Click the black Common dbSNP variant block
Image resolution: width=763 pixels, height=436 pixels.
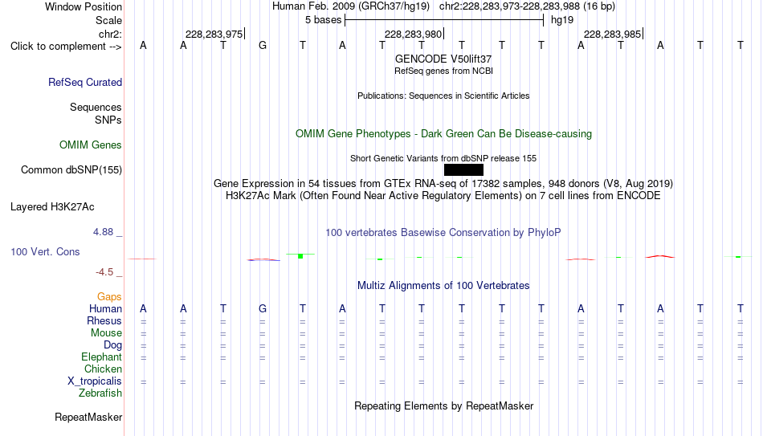(463, 170)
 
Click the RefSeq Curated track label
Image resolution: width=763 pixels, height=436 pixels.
(85, 82)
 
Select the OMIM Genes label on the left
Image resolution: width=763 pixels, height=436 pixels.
(91, 145)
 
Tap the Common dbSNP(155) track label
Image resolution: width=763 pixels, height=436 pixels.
(71, 170)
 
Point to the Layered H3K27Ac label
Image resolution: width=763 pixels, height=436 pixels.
(52, 207)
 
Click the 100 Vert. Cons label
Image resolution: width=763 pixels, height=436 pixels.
(45, 251)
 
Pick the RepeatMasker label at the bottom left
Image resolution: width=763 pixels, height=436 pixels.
(88, 417)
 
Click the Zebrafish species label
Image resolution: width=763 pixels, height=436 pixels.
(100, 393)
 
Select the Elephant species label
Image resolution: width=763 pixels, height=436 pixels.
(102, 357)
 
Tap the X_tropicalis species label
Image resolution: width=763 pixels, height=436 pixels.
(95, 381)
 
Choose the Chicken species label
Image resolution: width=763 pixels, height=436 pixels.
(103, 369)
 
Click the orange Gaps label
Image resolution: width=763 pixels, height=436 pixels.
(109, 297)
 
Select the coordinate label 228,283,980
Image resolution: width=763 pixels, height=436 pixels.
(413, 34)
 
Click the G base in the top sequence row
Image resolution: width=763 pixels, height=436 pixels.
(263, 46)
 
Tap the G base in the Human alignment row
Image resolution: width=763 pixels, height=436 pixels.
(263, 308)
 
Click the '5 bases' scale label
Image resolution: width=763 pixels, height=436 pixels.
(324, 20)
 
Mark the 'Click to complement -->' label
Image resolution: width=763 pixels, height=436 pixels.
(66, 47)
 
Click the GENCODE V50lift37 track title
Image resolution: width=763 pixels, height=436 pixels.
(443, 59)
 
